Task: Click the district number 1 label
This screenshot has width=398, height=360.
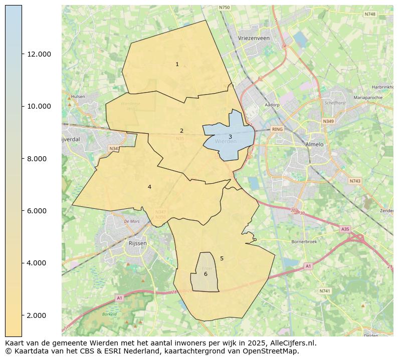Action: pyautogui.click(x=177, y=64)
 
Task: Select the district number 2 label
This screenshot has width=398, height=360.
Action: pyautogui.click(x=181, y=131)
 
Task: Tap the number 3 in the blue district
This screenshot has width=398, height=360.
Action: pyautogui.click(x=230, y=137)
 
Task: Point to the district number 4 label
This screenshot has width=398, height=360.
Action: pyautogui.click(x=149, y=187)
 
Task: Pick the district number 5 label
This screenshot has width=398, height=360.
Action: pyautogui.click(x=222, y=258)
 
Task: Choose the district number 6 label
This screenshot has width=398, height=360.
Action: pyautogui.click(x=206, y=274)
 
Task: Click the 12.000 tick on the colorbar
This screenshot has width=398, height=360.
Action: pyautogui.click(x=39, y=54)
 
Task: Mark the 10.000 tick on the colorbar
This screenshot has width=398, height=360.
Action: pyautogui.click(x=39, y=106)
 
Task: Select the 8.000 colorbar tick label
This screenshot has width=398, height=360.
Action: pyautogui.click(x=39, y=159)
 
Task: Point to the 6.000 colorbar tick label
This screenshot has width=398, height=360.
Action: pyautogui.click(x=39, y=211)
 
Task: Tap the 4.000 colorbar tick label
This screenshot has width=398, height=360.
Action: pyautogui.click(x=39, y=263)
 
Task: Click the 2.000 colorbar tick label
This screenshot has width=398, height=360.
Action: pyautogui.click(x=39, y=315)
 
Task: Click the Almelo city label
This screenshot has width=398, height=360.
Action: pyautogui.click(x=314, y=144)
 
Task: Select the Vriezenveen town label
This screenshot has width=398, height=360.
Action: pyautogui.click(x=254, y=38)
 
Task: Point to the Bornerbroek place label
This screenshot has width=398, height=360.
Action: pyautogui.click(x=304, y=241)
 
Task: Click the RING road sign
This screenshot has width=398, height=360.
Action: pyautogui.click(x=277, y=129)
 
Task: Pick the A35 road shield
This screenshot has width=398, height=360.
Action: pyautogui.click(x=345, y=229)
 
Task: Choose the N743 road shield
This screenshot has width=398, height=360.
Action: pyautogui.click(x=355, y=181)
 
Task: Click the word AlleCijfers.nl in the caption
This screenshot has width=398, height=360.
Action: pyautogui.click(x=290, y=343)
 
